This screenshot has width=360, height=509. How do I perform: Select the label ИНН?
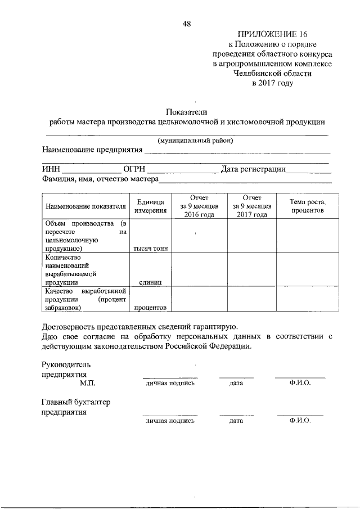point(51,169)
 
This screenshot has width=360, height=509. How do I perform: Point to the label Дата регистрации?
point(253,169)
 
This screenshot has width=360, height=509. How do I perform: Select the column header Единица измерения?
point(150,206)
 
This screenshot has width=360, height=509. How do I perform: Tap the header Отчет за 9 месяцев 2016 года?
point(199,206)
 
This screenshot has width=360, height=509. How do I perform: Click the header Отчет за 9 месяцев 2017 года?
point(251,206)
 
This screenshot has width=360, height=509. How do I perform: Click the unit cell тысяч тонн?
point(150,248)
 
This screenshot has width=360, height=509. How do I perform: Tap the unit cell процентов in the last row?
point(150,308)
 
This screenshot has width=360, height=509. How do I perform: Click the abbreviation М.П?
point(88,383)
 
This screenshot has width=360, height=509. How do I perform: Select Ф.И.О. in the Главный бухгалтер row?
point(300,420)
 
